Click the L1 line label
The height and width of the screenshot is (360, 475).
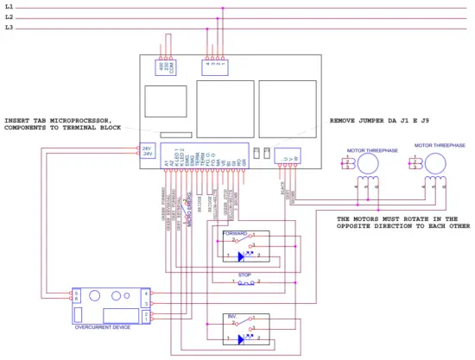9,7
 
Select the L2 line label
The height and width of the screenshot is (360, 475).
9,17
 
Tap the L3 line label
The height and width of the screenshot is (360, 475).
9,28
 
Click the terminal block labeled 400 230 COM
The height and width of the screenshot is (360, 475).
167,67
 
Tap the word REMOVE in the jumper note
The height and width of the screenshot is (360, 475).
345,121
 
